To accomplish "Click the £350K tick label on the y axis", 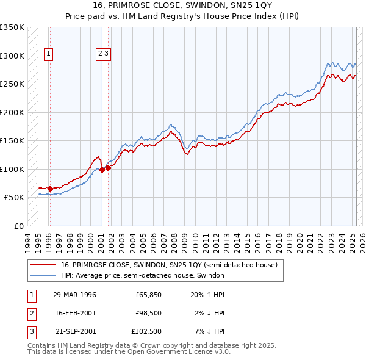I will tap(12, 27).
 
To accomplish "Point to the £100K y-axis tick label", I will tap(12, 169).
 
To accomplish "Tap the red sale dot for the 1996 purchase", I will tap(50, 189).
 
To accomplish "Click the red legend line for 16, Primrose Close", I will tap(43, 265).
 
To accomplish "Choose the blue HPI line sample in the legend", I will tap(43, 276).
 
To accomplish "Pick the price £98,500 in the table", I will tap(148, 313).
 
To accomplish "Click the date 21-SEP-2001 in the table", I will tap(75, 331).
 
